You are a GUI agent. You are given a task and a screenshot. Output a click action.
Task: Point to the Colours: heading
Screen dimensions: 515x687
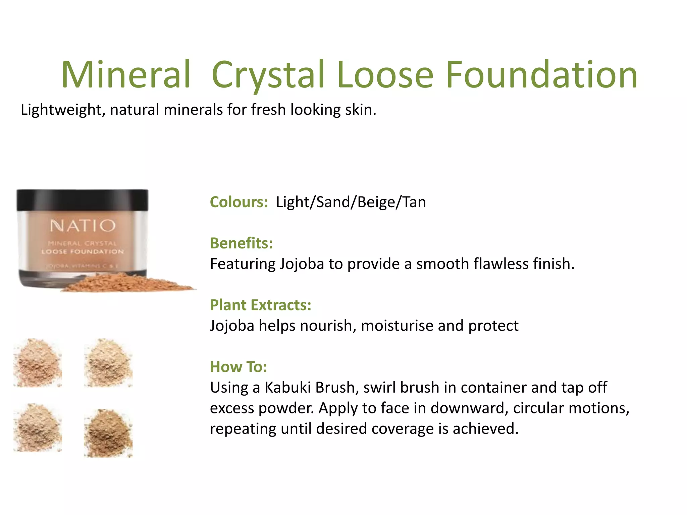(x=239, y=202)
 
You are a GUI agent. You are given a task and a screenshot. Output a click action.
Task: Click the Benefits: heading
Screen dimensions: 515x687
(x=241, y=243)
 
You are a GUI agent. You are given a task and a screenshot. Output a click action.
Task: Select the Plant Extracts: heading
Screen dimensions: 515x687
(x=260, y=305)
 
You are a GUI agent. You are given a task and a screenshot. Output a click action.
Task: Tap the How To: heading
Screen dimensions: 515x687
(x=238, y=367)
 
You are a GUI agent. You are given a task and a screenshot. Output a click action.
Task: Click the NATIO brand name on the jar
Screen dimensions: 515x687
(x=83, y=226)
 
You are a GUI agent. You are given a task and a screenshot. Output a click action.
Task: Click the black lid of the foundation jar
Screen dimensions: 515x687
(x=83, y=200)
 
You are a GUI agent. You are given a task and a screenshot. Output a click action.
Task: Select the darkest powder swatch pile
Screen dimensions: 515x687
(x=108, y=433)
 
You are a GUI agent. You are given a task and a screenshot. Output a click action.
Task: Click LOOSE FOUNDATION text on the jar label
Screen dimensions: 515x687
(x=83, y=251)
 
